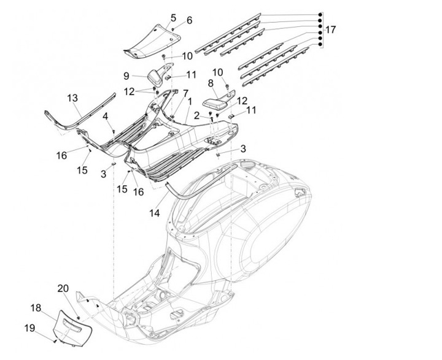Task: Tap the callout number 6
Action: click(x=189, y=20)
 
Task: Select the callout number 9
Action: click(x=126, y=76)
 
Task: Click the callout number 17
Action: click(x=331, y=29)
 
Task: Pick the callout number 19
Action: click(x=29, y=327)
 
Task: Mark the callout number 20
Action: click(x=63, y=289)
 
